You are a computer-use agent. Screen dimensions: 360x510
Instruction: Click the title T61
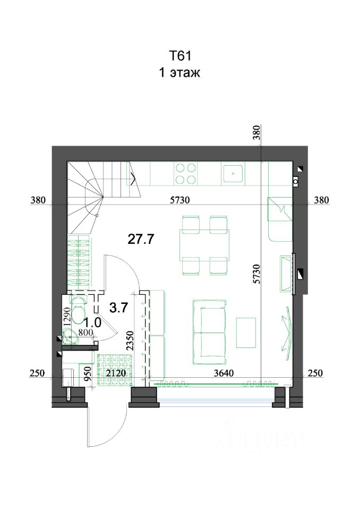click(x=180, y=56)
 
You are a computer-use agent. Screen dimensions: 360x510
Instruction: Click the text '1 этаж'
click(x=179, y=72)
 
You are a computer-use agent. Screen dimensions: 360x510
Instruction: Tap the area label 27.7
click(x=141, y=240)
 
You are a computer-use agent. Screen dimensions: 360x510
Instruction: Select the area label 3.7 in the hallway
click(x=119, y=308)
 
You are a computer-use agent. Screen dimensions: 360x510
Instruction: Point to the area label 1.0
click(x=93, y=323)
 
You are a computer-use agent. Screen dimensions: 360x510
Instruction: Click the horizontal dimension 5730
click(x=180, y=200)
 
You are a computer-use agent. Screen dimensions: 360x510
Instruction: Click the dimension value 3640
click(x=224, y=373)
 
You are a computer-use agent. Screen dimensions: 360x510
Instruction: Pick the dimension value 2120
click(x=116, y=373)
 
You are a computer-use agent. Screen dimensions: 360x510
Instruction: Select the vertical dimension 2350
click(x=130, y=340)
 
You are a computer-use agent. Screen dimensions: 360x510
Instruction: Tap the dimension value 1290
click(x=67, y=317)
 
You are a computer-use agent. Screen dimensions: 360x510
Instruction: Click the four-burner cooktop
click(x=186, y=174)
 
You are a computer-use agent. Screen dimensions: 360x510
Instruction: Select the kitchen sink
click(x=233, y=173)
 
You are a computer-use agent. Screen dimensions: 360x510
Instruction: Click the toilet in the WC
click(x=79, y=309)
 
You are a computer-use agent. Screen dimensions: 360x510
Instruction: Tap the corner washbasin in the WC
click(x=70, y=336)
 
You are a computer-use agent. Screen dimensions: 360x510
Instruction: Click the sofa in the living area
click(x=209, y=332)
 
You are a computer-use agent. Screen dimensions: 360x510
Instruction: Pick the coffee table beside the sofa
click(x=246, y=333)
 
